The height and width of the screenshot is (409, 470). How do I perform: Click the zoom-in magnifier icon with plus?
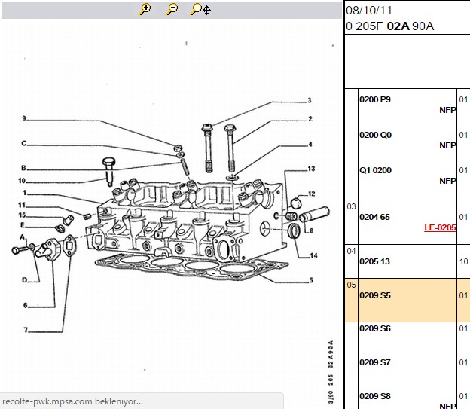pos(145,9)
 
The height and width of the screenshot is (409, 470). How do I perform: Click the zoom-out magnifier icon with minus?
pos(172,9)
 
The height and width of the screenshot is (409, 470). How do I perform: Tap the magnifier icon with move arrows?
pos(200,9)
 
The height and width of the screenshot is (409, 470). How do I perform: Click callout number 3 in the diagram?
pos(310,100)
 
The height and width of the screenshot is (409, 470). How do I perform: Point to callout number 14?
pos(313,255)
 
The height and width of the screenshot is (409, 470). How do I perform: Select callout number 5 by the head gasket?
pos(311,280)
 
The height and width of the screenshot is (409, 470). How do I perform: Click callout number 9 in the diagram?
pos(24,118)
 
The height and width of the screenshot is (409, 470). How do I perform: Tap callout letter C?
pos(24,143)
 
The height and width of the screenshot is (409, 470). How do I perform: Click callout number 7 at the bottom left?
pos(26,330)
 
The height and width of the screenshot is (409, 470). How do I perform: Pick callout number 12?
pos(311,194)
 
